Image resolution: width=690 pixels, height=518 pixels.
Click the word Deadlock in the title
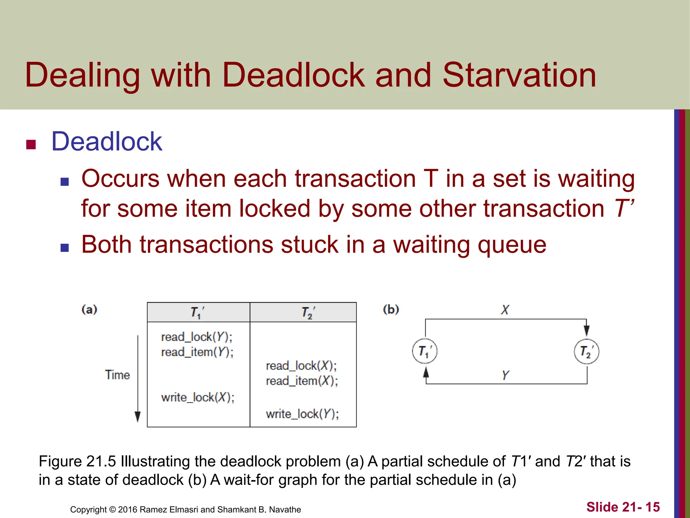[x=293, y=75]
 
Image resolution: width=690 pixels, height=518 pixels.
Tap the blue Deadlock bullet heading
[x=106, y=141]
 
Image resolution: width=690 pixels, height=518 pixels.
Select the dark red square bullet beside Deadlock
[x=31, y=144]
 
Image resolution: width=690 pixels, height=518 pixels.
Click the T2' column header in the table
[x=308, y=313]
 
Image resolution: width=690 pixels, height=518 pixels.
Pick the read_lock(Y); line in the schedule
[x=196, y=337]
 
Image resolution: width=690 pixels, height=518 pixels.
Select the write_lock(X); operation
[x=197, y=397]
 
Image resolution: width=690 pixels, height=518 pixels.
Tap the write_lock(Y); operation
[x=302, y=414]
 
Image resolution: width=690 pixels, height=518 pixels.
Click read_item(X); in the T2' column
[x=302, y=381]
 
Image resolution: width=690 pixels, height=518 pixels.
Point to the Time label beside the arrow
[x=117, y=375]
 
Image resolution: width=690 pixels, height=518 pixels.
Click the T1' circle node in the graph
[x=425, y=351]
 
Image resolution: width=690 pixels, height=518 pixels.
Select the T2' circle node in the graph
[x=586, y=351]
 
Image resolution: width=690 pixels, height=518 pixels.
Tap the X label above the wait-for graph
[x=505, y=310]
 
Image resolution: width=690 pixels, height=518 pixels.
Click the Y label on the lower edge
[x=505, y=375]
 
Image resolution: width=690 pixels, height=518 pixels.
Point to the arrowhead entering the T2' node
[x=587, y=330]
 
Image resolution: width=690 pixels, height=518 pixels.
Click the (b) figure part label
[x=391, y=309]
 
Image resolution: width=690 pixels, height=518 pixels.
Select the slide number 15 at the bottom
[x=652, y=507]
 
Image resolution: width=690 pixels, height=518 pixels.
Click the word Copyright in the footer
[x=88, y=510]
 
